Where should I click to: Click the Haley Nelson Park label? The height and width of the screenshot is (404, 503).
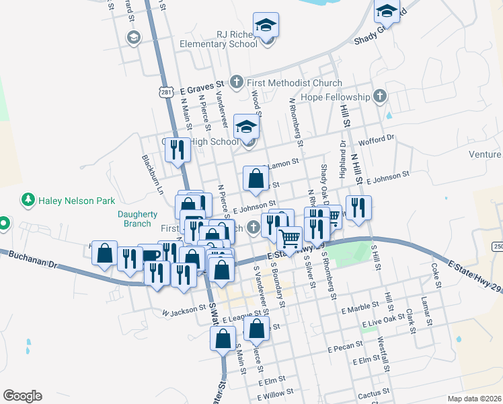(x=77, y=200)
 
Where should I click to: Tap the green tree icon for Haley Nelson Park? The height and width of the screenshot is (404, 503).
(x=28, y=200)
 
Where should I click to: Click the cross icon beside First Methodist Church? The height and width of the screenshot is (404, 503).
(x=236, y=83)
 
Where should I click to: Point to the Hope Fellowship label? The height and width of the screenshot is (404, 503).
(x=336, y=97)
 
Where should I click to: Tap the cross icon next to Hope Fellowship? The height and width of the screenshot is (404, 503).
(x=380, y=96)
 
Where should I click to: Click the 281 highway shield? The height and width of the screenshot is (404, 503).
(x=166, y=92)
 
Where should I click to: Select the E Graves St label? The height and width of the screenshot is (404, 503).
(x=201, y=88)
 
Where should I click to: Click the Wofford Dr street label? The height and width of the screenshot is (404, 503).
(x=377, y=139)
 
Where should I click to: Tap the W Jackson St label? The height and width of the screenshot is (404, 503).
(x=184, y=310)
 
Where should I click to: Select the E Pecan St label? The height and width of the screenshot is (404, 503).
(x=346, y=349)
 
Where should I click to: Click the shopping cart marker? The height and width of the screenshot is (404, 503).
(x=290, y=238)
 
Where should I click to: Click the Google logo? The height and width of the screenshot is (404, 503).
(x=22, y=395)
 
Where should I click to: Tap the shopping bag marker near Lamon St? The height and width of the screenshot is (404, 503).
(x=256, y=179)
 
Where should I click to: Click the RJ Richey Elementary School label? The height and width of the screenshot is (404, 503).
(x=219, y=39)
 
